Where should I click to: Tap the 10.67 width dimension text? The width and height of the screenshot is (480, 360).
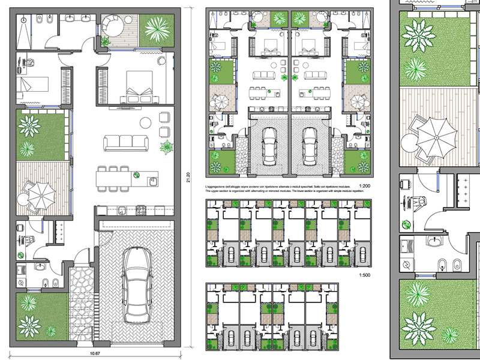coord(95,353)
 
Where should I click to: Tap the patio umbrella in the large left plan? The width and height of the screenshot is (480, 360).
coord(40,193)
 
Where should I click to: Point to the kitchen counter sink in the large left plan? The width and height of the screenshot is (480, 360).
coord(121,210)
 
